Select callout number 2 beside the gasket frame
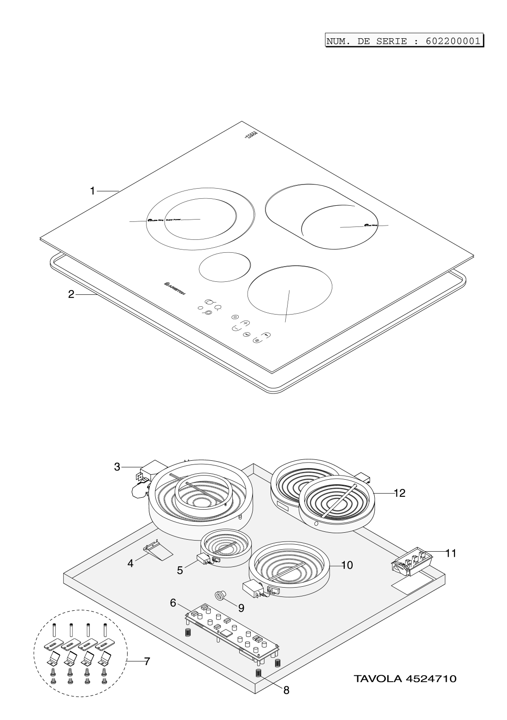(x=71, y=294)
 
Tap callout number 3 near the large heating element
(x=118, y=467)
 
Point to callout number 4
(x=131, y=563)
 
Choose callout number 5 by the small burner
(x=180, y=570)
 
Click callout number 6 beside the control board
(x=173, y=602)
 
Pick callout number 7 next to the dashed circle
(x=147, y=661)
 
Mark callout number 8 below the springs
(x=286, y=690)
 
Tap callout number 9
(x=241, y=608)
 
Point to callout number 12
(x=399, y=493)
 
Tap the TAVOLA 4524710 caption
(x=405, y=678)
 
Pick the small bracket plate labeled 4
(x=157, y=550)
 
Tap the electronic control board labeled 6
(x=233, y=632)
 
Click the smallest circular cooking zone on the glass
(x=224, y=266)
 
